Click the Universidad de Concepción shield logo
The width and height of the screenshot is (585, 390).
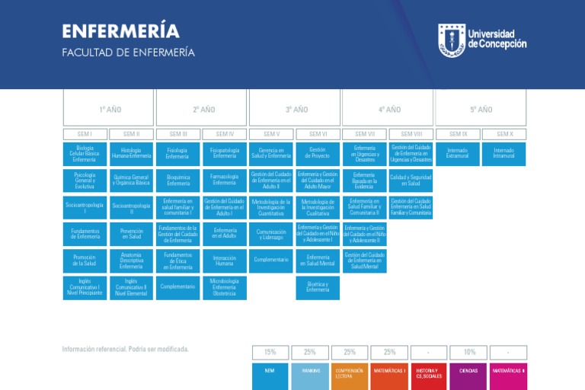pyautogui.click(x=450, y=40)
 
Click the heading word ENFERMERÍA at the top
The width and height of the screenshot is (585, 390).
pyautogui.click(x=120, y=31)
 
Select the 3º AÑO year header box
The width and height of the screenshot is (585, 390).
pyautogui.click(x=295, y=109)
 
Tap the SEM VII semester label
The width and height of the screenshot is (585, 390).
pyautogui.click(x=365, y=134)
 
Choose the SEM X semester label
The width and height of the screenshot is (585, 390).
pyautogui.click(x=504, y=134)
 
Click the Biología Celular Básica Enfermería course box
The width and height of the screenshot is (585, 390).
pyautogui.click(x=85, y=154)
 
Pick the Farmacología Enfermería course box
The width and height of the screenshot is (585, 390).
pyautogui.click(x=225, y=181)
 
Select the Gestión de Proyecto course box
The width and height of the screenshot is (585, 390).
pyautogui.click(x=318, y=154)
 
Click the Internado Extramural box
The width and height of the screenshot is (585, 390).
pyautogui.click(x=458, y=154)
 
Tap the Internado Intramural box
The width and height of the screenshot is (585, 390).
pyautogui.click(x=504, y=154)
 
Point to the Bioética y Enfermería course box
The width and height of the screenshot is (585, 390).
pyautogui.click(x=318, y=287)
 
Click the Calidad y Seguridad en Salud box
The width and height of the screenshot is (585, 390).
pyautogui.click(x=411, y=181)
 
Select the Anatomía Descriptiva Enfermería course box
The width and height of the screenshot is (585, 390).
pyautogui.click(x=131, y=261)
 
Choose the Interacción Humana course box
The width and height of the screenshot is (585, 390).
pyautogui.click(x=225, y=261)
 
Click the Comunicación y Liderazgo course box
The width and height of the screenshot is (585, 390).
pyautogui.click(x=271, y=234)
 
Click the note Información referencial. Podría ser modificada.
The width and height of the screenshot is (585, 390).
pyautogui.click(x=125, y=350)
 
